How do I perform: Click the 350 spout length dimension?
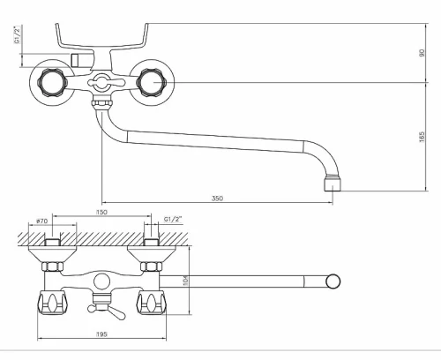click(217, 199)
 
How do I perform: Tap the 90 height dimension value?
click(422, 53)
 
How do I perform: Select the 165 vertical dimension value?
click(422, 137)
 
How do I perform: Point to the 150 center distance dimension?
click(101, 212)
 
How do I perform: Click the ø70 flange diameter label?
click(41, 221)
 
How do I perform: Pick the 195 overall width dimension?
click(101, 334)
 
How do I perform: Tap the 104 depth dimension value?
click(185, 280)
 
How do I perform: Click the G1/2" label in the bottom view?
click(173, 219)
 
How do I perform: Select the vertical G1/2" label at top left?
click(18, 34)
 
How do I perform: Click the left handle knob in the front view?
click(52, 82)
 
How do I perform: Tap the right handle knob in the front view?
click(153, 82)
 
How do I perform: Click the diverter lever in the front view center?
click(101, 82)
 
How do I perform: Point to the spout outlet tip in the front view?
click(333, 184)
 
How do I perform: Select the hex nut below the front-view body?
click(101, 103)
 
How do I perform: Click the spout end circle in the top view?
click(333, 281)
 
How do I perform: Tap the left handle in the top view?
click(51, 303)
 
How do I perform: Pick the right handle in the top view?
click(151, 303)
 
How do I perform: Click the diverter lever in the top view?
click(107, 312)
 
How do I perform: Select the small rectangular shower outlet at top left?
click(75, 60)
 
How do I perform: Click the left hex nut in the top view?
click(53, 266)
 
